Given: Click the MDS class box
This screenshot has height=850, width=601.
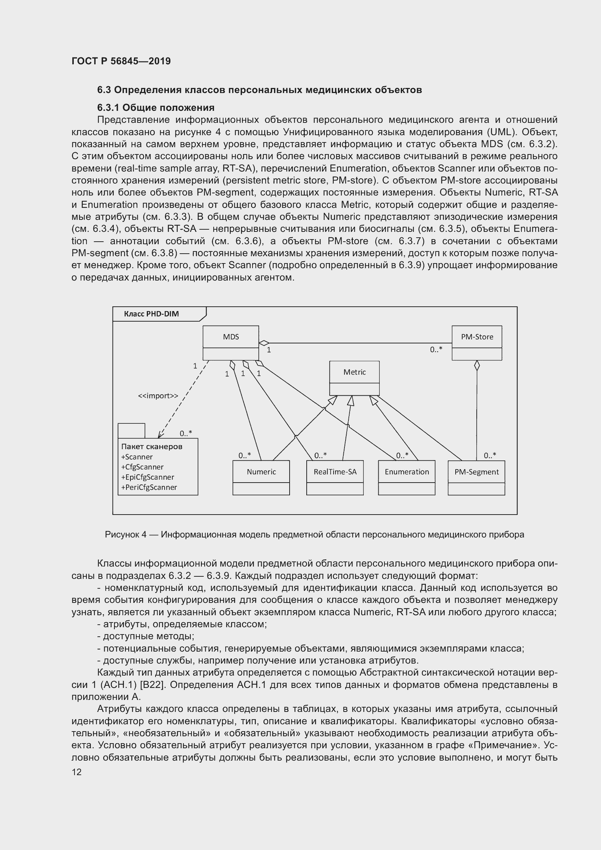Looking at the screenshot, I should pos(231,342).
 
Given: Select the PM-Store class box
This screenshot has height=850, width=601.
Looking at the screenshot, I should pos(477,342).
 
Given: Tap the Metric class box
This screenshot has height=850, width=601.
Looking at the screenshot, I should pos(354,378).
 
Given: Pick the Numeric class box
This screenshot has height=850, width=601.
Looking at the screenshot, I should pos(261,477).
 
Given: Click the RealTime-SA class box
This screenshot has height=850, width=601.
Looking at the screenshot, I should pos(335,477).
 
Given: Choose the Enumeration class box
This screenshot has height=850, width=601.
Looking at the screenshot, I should pos(406,477).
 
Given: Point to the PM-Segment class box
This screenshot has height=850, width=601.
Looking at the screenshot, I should pos(476,477).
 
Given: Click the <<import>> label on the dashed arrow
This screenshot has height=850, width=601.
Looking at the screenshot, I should pos(158,396).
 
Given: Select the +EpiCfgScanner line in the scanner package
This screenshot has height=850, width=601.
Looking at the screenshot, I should pos(147,477).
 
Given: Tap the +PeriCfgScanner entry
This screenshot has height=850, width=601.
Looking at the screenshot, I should pos(149,487).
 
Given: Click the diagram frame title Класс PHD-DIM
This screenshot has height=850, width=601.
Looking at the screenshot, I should pos(152,314).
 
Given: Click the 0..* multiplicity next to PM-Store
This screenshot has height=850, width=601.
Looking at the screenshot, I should pos(436,350).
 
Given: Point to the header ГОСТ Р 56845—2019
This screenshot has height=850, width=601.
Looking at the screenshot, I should pos(121,61).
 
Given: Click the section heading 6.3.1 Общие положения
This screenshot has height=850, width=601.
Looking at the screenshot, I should pos(156,108).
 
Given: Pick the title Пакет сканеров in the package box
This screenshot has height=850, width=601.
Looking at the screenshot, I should pos(152,447).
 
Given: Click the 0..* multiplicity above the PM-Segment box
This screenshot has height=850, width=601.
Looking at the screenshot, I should pos(489,455).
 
